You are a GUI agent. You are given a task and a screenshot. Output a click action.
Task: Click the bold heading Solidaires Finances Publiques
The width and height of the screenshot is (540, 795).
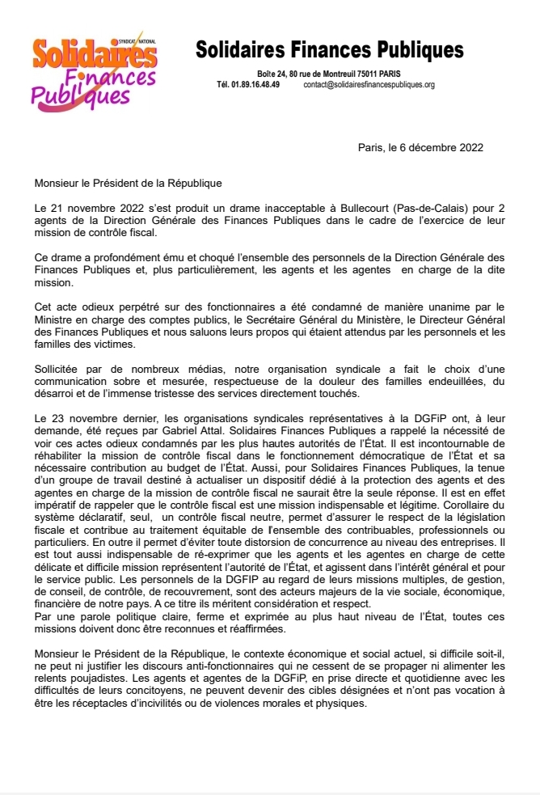pos(330,50)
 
